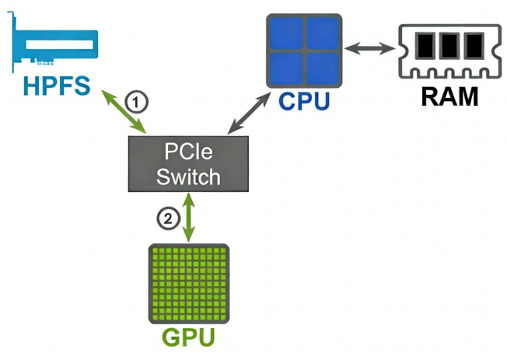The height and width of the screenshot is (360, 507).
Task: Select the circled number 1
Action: [x=136, y=101]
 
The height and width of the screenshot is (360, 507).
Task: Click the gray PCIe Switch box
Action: [x=188, y=163]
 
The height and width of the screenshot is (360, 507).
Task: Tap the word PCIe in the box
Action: [x=188, y=152]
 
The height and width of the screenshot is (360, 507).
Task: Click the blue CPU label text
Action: [x=303, y=101]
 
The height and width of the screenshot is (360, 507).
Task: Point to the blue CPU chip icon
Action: [x=304, y=50]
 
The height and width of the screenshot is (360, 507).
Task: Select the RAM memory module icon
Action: [x=447, y=49]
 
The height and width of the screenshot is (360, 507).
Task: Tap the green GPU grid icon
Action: [x=188, y=285]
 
